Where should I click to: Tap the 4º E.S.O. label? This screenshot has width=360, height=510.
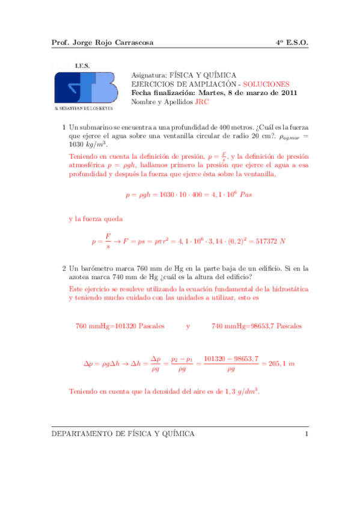(x=291, y=43)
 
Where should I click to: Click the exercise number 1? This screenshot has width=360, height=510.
(x=64, y=127)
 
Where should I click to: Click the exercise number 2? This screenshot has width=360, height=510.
(x=64, y=268)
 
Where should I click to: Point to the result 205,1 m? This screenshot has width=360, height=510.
(x=278, y=364)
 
